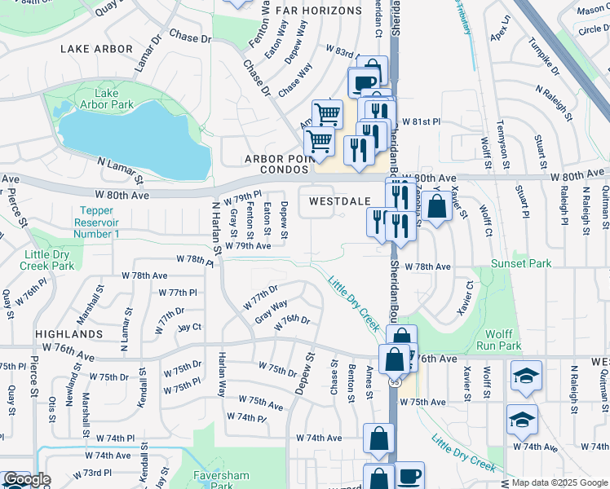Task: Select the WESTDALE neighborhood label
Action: pos(340,200)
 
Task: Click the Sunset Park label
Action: pos(521,263)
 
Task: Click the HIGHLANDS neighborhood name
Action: pos(69,334)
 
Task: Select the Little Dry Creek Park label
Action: pos(47,260)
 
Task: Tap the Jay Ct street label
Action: pos(188,327)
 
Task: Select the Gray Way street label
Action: pos(271,311)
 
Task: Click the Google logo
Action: pos(26,479)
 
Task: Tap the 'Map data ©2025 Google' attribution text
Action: pos(559,482)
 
